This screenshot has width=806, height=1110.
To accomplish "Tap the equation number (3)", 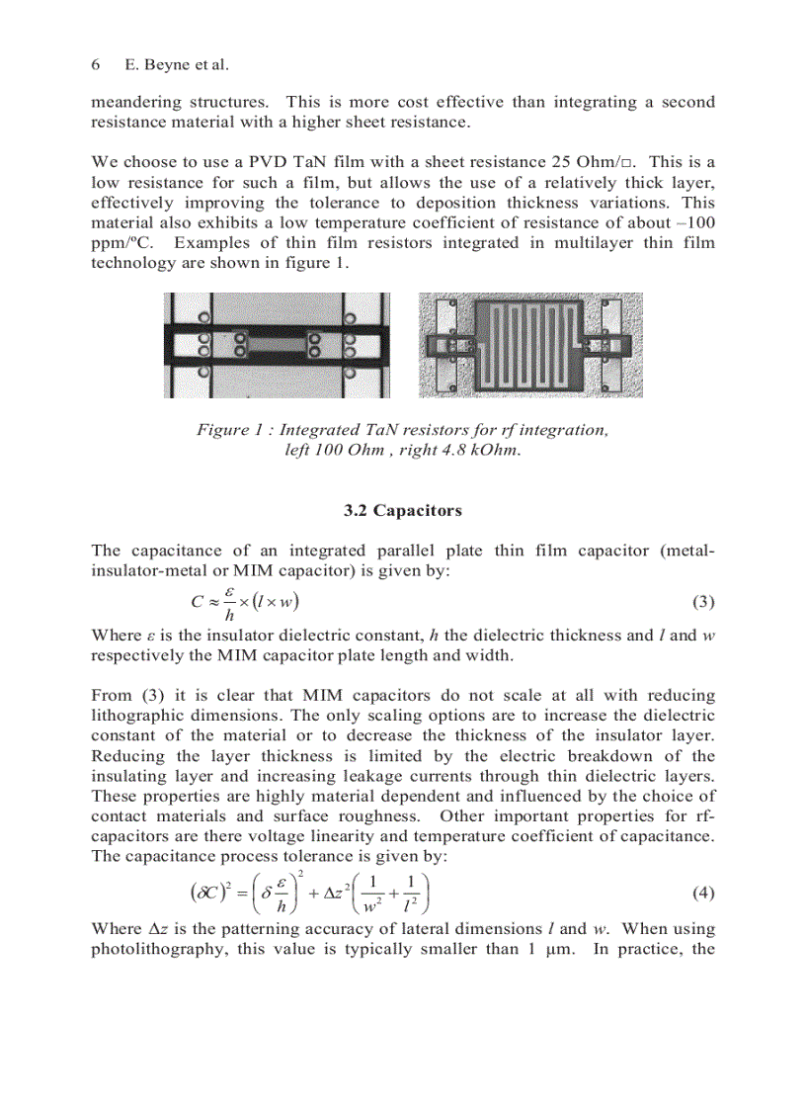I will click(702, 602).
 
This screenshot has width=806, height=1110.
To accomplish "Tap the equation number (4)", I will click(702, 894).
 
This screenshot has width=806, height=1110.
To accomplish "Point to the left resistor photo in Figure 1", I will click(280, 345).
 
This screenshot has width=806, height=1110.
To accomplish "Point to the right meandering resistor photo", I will click(530, 345).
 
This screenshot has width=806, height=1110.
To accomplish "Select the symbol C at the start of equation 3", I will click(198, 601).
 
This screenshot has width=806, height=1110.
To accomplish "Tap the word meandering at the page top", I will click(135, 103).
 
